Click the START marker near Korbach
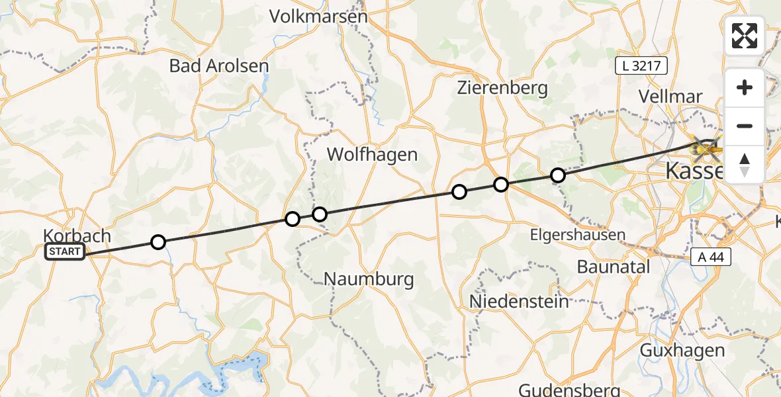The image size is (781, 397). (x=65, y=251)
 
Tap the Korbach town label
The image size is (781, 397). (x=77, y=236)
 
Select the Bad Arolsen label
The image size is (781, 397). (x=219, y=66)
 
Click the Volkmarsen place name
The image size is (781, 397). (x=318, y=17)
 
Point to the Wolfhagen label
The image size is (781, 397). (x=373, y=155)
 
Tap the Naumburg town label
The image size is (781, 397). (x=369, y=279)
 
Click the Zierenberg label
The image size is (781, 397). (x=503, y=87)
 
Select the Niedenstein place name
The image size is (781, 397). (x=519, y=302)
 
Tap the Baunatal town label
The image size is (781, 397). (x=614, y=267)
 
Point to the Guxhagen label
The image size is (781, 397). (x=682, y=350)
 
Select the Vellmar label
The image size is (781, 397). (x=670, y=96)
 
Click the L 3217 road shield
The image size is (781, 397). (x=641, y=66)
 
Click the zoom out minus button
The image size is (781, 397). (x=745, y=126)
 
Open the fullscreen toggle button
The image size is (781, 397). (x=745, y=36)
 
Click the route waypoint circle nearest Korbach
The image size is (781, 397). (x=158, y=242)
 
